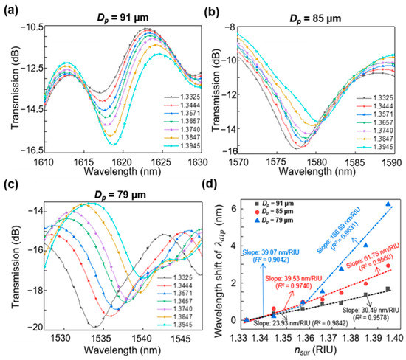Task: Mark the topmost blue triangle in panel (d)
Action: [x=388, y=204]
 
